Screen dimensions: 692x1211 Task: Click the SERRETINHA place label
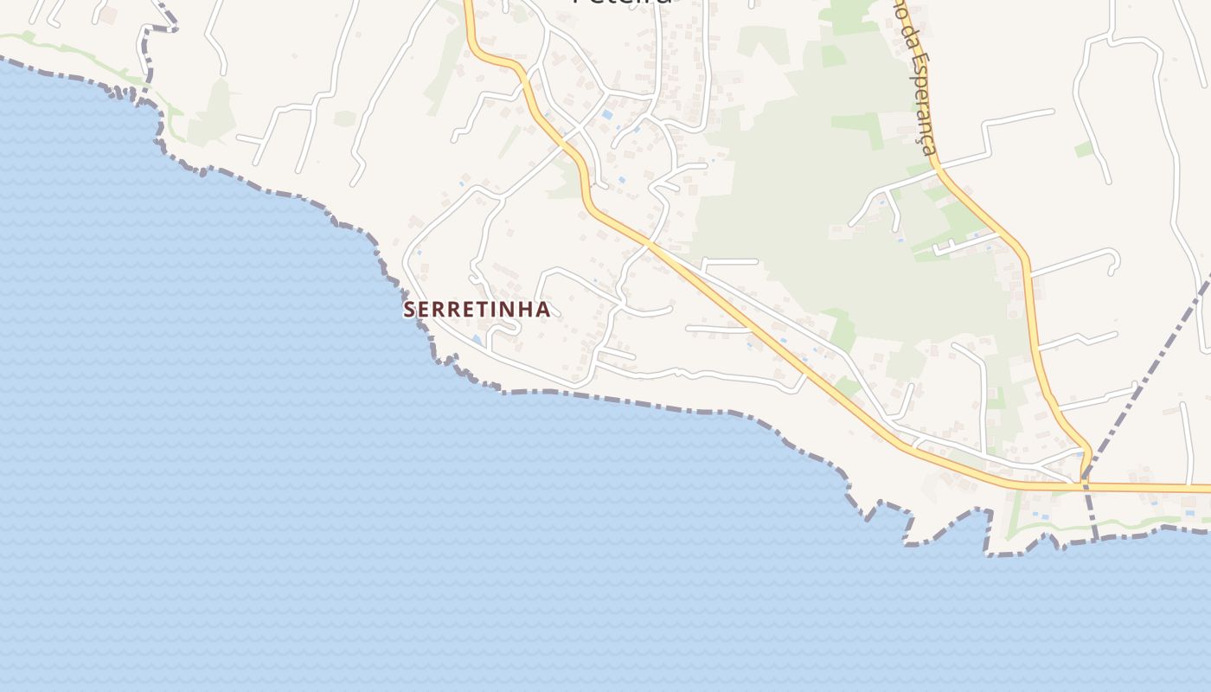click(477, 309)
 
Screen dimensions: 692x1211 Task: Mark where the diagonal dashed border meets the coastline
click(1095, 539)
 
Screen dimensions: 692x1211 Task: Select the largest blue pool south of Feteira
click(607, 114)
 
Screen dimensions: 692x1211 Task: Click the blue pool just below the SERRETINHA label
click(478, 340)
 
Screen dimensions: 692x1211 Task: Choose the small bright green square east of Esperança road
click(1084, 149)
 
